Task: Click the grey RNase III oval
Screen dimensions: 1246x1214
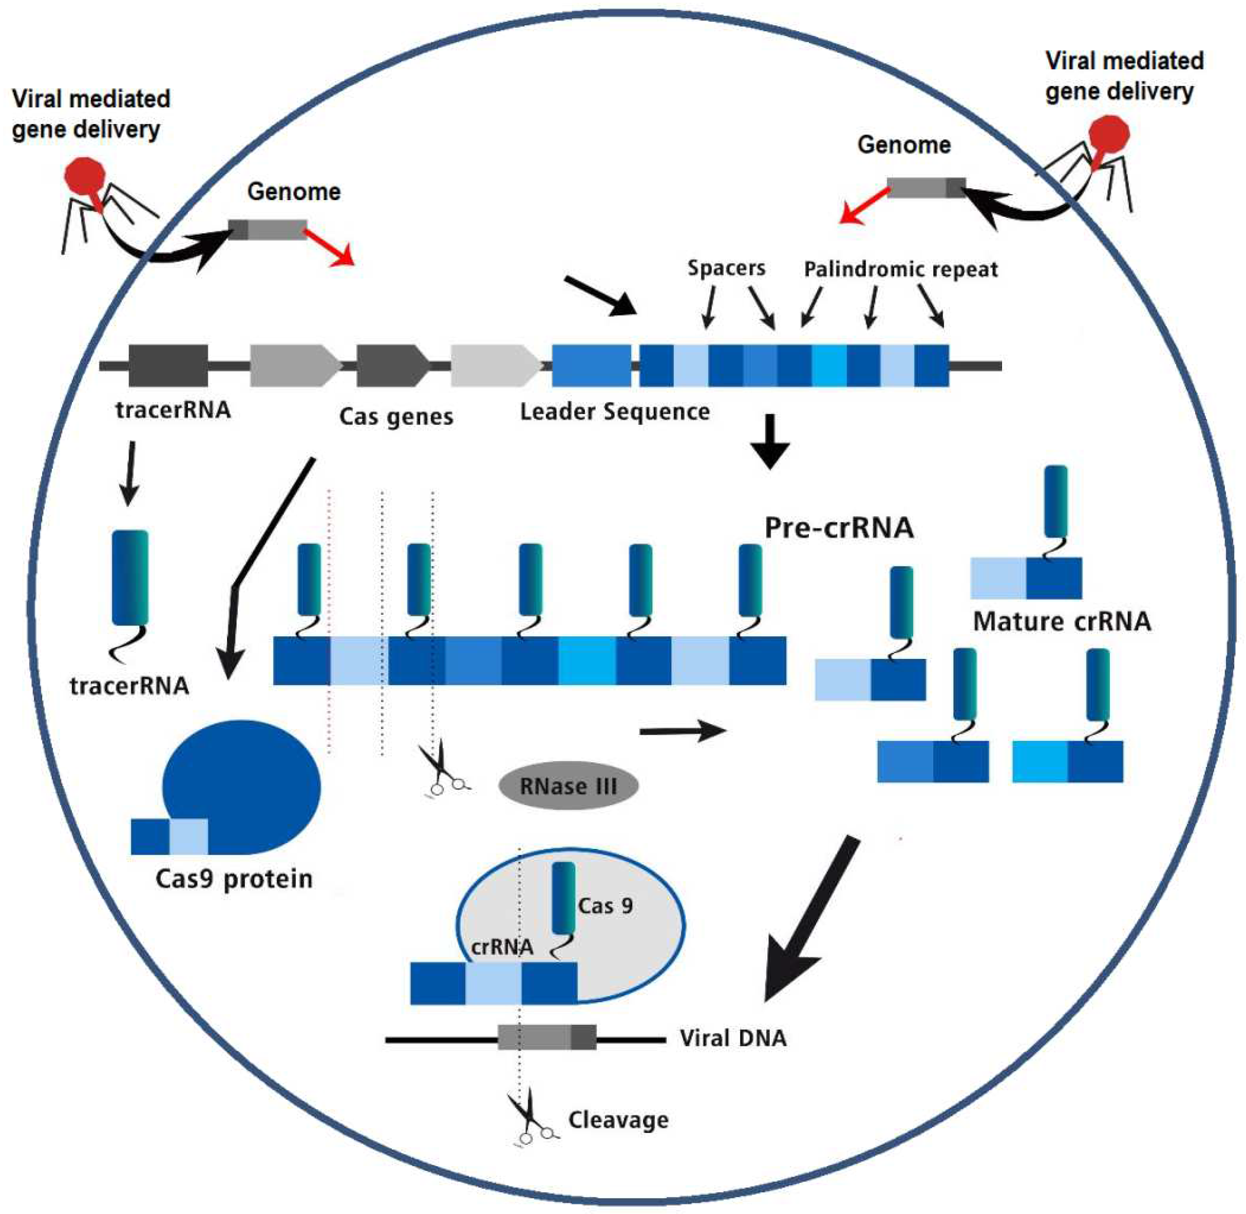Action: pyautogui.click(x=568, y=786)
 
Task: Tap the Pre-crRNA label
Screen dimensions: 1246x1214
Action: pyautogui.click(x=839, y=528)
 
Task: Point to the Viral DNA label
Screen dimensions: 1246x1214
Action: pyautogui.click(x=733, y=1038)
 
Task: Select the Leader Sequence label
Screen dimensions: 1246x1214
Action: pyautogui.click(x=615, y=412)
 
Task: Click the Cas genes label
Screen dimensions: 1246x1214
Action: pyautogui.click(x=396, y=416)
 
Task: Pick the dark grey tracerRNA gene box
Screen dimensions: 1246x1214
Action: pyautogui.click(x=168, y=365)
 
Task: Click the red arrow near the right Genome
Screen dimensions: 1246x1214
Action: pyautogui.click(x=864, y=205)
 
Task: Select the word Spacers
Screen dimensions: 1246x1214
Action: pyautogui.click(x=726, y=268)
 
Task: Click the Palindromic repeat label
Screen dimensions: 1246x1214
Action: pyautogui.click(x=900, y=269)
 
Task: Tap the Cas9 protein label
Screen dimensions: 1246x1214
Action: pyautogui.click(x=234, y=879)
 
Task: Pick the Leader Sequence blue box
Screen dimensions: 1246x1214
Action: pyautogui.click(x=591, y=365)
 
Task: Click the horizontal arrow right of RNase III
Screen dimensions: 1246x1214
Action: pyautogui.click(x=683, y=731)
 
